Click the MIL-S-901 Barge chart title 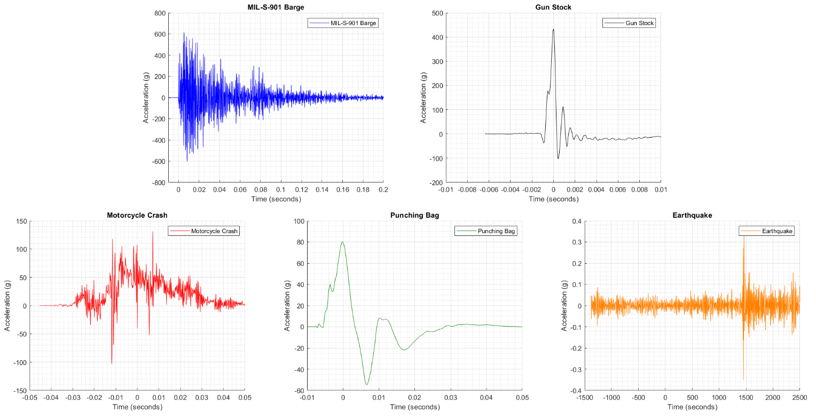(276, 7)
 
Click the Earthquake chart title (692, 215)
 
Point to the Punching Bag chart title (414, 215)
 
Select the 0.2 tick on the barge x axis (383, 190)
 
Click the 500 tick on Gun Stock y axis (437, 13)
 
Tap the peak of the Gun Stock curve (553, 29)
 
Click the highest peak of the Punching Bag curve (342, 242)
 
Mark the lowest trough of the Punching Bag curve (366, 384)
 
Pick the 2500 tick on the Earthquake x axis (799, 398)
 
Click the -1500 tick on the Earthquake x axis (585, 398)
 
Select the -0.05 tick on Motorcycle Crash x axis (29, 398)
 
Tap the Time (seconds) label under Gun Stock (553, 199)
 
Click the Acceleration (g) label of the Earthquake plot (564, 305)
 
